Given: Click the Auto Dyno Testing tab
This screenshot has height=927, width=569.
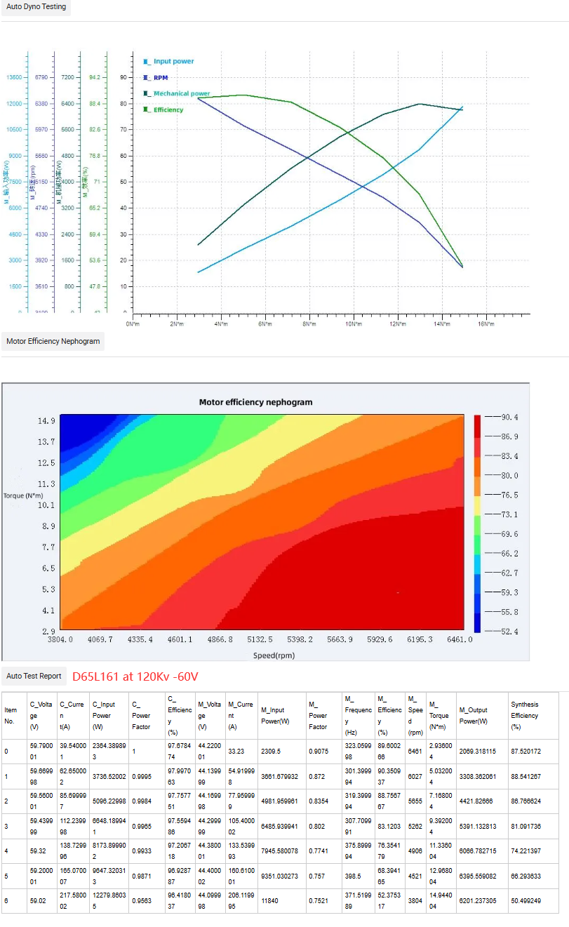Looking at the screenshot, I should tap(36, 7).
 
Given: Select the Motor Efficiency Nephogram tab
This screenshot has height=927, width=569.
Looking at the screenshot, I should tap(53, 342).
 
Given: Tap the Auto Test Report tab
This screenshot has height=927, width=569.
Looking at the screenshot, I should tap(34, 676).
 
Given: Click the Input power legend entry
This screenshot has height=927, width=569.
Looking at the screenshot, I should tap(173, 62).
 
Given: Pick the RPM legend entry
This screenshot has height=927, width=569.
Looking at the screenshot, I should tap(161, 78).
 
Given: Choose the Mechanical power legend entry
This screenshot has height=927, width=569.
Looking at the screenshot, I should tap(181, 93).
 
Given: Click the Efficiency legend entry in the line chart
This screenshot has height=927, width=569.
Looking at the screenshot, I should tap(168, 110).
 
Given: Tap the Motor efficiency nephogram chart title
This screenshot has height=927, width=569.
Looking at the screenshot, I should tap(255, 402).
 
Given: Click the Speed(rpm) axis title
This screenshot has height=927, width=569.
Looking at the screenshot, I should tap(274, 655).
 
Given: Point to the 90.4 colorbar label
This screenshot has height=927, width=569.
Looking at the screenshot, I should tap(509, 418).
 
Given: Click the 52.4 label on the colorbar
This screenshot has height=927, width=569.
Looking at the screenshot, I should tap(509, 632).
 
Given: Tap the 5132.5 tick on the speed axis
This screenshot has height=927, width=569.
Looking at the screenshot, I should tap(260, 640).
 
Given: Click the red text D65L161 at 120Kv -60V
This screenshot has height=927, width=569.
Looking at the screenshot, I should tap(135, 676).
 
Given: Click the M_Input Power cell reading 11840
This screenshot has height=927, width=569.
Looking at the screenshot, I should tap(271, 899).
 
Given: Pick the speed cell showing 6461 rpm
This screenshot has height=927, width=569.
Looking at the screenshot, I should tap(415, 752).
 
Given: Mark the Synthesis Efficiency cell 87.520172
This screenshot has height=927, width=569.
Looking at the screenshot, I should tap(527, 752).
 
